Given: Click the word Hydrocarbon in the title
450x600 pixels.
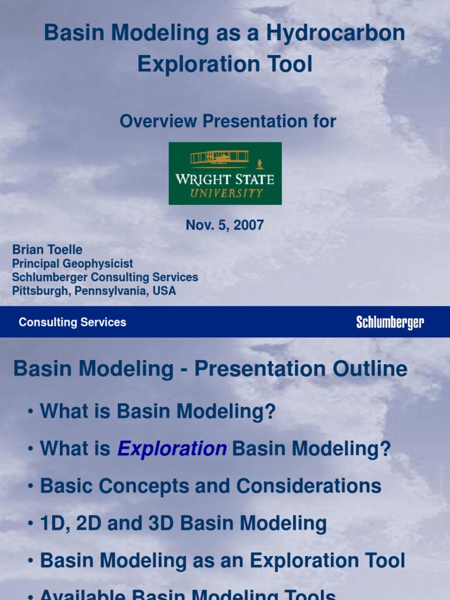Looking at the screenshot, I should click(335, 33).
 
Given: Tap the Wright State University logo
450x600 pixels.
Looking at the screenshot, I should click(225, 173).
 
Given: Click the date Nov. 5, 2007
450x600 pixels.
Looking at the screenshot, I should click(225, 225).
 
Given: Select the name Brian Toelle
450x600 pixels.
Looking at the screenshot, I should click(47, 250).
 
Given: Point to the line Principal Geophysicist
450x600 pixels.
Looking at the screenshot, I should click(73, 264).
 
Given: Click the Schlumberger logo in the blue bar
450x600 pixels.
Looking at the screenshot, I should click(390, 322).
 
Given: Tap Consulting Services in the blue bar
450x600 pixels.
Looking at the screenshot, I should click(72, 322).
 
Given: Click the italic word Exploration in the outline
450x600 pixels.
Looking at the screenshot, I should click(172, 449).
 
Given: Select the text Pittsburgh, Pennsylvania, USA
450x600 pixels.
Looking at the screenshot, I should click(94, 291).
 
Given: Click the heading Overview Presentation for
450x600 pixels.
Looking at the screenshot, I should click(228, 121).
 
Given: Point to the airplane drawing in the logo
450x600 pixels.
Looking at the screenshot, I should click(220, 158).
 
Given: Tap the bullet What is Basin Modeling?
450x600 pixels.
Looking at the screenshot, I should click(157, 411).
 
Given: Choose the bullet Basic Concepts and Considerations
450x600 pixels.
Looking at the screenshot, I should click(210, 486).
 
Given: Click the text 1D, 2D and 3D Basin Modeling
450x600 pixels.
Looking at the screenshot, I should click(183, 523).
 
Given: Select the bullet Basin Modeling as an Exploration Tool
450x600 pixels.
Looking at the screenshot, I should click(222, 561).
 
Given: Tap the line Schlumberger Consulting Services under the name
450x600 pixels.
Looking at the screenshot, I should click(105, 277).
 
